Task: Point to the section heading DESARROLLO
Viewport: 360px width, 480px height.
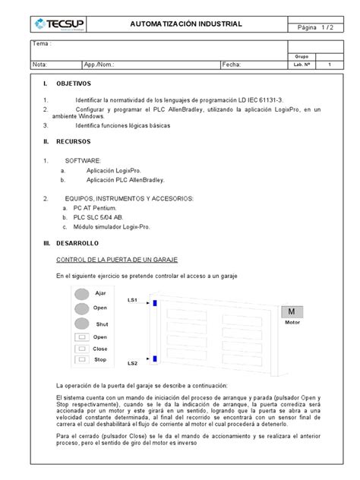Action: (76, 243)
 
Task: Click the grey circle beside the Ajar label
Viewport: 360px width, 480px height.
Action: (81, 294)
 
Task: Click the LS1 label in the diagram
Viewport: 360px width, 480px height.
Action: (132, 301)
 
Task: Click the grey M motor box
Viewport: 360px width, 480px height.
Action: (292, 312)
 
